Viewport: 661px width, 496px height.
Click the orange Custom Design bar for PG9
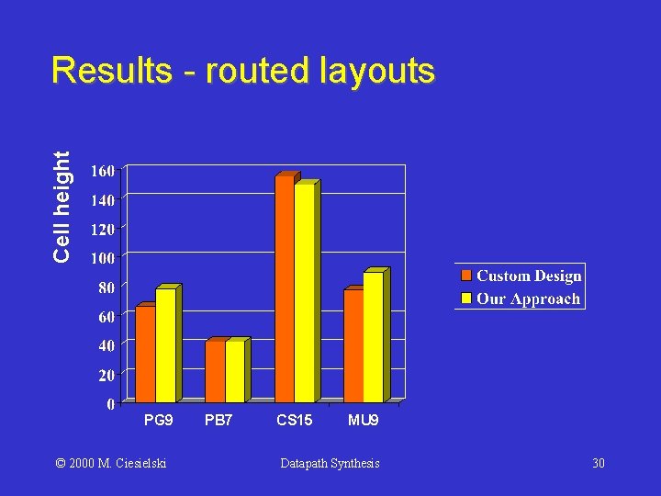[145, 354]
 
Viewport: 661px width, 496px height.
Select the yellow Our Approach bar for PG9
[165, 345]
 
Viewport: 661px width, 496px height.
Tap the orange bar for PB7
[215, 371]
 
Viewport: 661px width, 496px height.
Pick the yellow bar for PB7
[235, 371]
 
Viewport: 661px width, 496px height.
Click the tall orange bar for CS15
[285, 288]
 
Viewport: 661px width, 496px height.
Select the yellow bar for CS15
[304, 293]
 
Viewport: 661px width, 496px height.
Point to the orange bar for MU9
[353, 345]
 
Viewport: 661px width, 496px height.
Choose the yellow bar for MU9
[373, 337]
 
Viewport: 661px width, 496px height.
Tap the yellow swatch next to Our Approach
[466, 298]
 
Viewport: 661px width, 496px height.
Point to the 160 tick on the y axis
[102, 171]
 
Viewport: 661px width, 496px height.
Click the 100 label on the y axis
[102, 258]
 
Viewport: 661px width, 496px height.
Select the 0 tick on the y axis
[109, 404]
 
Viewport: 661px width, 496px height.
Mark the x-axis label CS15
[295, 421]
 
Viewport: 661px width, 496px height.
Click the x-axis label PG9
[158, 421]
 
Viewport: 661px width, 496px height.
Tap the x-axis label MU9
[363, 421]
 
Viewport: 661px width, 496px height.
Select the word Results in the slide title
[111, 70]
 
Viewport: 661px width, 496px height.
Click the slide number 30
[598, 463]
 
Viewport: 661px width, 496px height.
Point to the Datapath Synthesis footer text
[330, 463]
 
